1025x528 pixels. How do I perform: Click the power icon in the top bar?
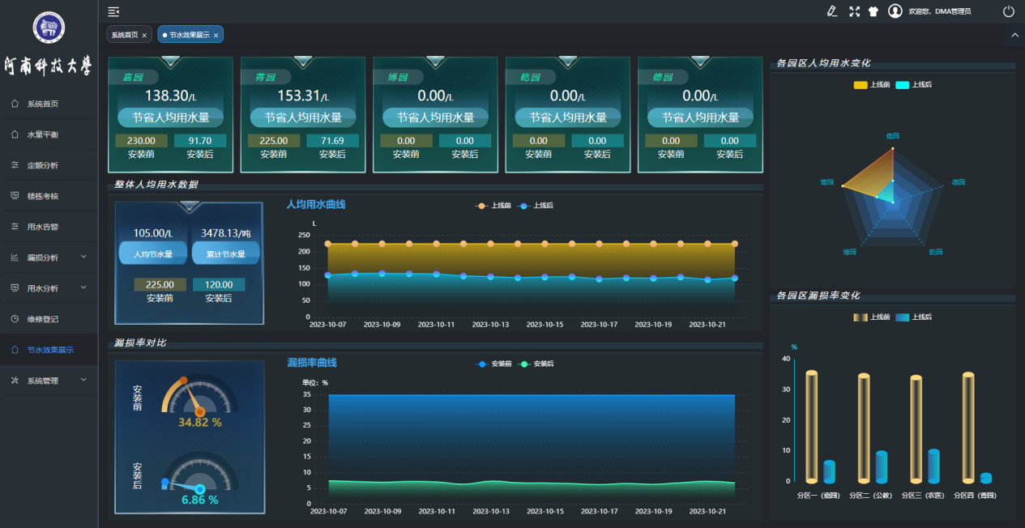click(x=1008, y=11)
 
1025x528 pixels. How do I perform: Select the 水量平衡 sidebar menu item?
click(x=42, y=134)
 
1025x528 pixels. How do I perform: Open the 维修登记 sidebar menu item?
click(x=42, y=319)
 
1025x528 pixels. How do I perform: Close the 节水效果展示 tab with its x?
click(x=216, y=36)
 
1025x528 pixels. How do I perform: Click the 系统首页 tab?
click(x=124, y=36)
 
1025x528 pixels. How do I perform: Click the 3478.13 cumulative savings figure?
click(x=225, y=233)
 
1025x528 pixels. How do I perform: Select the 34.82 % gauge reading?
click(x=199, y=422)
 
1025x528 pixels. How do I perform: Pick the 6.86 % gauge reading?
click(x=199, y=500)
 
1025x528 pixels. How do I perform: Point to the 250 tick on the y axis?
click(x=305, y=235)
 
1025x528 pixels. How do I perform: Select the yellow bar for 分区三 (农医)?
click(x=916, y=429)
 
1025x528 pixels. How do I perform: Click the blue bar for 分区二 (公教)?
click(x=882, y=467)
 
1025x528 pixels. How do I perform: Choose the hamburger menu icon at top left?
click(x=113, y=11)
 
